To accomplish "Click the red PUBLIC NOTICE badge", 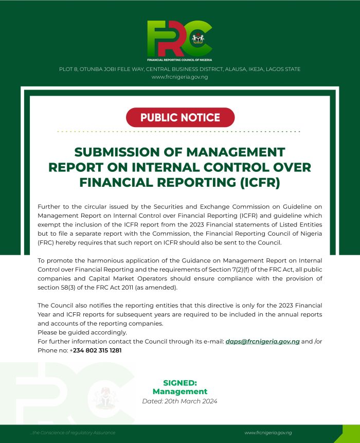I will (x=180, y=117).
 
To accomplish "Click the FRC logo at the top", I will (x=179, y=39).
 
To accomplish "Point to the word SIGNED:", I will (x=180, y=383).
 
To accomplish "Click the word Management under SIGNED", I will (x=180, y=392).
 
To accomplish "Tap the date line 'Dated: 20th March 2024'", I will (x=179, y=401).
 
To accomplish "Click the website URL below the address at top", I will (x=179, y=77).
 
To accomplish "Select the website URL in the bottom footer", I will (x=268, y=433).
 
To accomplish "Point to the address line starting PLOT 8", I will (x=179, y=69).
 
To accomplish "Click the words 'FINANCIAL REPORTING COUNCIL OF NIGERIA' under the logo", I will (x=179, y=60).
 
